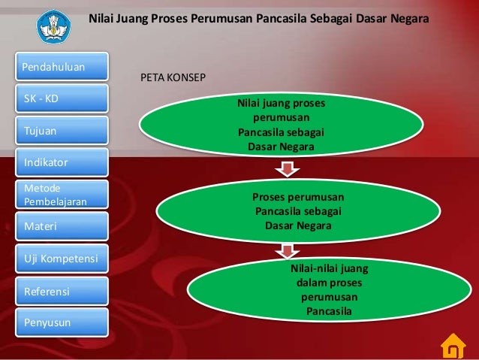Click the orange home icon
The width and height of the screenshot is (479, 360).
point(452,346)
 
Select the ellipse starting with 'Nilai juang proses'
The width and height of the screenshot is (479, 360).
point(281,123)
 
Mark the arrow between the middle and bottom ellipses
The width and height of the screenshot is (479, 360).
point(285,250)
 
